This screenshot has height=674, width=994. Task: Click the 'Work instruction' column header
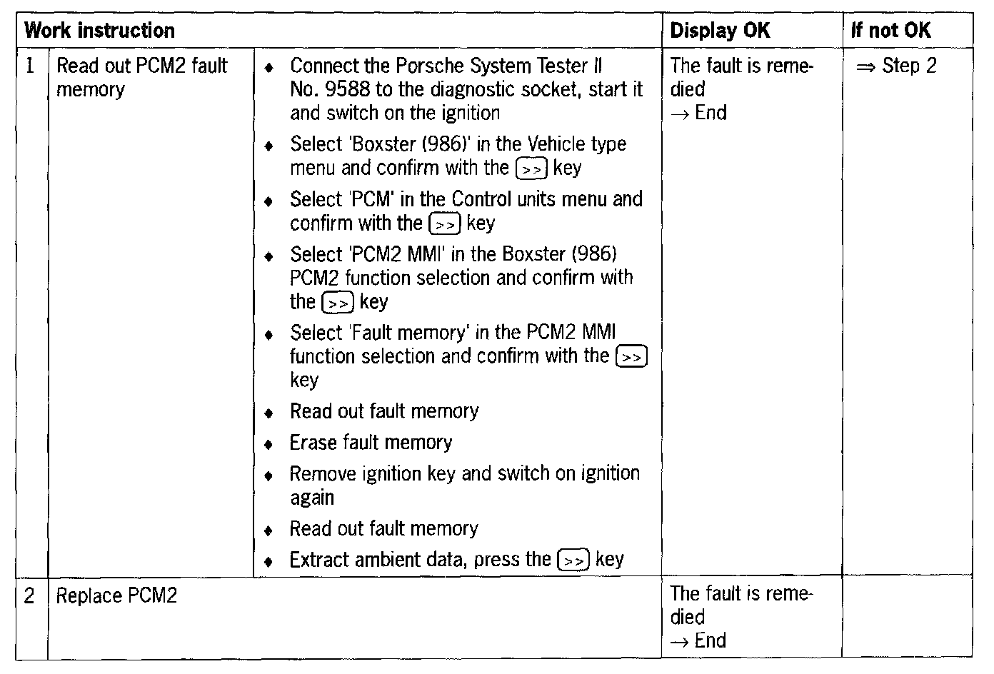(100, 31)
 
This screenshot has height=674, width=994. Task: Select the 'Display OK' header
(720, 31)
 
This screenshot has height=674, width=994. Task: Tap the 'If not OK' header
(891, 31)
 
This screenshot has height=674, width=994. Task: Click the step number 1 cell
(30, 66)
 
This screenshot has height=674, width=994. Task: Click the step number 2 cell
(29, 595)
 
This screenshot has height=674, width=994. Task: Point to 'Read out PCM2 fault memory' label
(141, 77)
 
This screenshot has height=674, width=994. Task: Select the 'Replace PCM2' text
(116, 595)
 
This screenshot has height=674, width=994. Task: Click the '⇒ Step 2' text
(897, 66)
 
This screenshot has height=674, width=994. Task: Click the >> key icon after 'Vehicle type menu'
(531, 169)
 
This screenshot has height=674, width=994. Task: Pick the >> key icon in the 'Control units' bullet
(445, 224)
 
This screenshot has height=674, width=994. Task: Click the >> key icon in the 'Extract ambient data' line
(573, 560)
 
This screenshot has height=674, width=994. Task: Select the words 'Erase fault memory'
(371, 443)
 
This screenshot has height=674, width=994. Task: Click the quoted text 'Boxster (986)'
(410, 144)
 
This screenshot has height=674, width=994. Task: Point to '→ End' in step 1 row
(699, 113)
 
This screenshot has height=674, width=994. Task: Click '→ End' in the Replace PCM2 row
(699, 640)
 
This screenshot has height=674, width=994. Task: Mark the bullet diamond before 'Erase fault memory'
(268, 444)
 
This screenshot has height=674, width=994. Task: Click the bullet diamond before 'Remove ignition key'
(268, 475)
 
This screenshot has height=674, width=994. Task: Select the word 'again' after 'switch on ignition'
(312, 498)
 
